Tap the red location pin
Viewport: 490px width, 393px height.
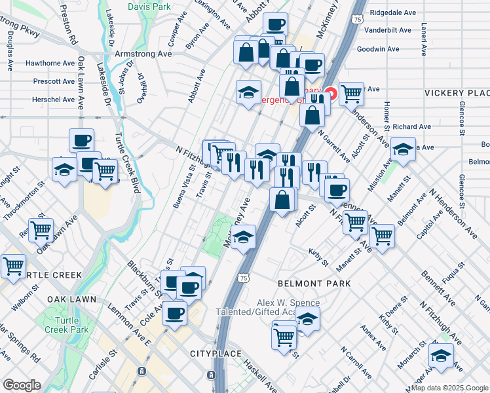click(x=331, y=94)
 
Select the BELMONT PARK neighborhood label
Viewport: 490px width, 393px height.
click(x=314, y=284)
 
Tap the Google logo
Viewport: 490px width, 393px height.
click(x=21, y=385)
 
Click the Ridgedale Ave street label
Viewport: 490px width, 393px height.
click(x=392, y=12)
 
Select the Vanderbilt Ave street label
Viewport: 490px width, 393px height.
click(x=388, y=30)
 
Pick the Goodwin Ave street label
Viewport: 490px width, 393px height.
click(x=379, y=48)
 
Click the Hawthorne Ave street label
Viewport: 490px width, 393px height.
click(x=50, y=63)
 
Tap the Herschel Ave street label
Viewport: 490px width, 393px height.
click(x=54, y=100)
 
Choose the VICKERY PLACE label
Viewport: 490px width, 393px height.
click(x=457, y=94)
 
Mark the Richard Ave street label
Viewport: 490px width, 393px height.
click(x=413, y=126)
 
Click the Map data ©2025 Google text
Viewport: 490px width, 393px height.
click(x=449, y=387)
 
